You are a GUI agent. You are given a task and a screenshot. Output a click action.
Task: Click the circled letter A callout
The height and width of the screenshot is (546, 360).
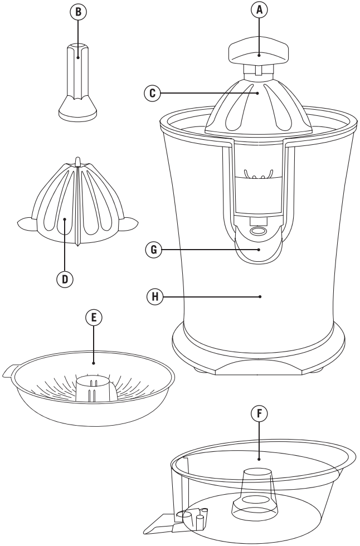(x=259, y=10)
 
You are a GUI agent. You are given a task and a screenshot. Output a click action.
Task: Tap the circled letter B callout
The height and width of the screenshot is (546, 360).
(x=79, y=12)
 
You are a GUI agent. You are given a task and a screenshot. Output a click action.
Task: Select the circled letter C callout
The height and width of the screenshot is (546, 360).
(x=153, y=93)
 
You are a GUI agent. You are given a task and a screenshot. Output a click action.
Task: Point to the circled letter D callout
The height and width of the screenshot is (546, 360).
(x=65, y=279)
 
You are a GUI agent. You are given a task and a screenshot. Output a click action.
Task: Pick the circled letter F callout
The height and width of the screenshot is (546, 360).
(x=259, y=413)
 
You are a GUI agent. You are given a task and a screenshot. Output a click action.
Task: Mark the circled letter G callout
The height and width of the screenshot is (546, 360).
(x=154, y=250)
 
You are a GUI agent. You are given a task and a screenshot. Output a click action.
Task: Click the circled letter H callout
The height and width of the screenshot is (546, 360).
(x=155, y=296)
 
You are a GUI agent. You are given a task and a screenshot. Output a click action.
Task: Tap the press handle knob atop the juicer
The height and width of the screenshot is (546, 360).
(x=259, y=52)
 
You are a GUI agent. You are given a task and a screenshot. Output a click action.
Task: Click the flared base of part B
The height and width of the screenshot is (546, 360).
(x=77, y=109)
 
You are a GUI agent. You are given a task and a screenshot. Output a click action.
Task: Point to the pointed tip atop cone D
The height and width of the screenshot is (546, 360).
(x=78, y=160)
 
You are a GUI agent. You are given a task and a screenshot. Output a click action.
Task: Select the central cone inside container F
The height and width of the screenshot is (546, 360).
(x=255, y=493)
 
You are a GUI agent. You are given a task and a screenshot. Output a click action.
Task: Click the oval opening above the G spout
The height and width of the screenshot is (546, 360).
(x=258, y=231)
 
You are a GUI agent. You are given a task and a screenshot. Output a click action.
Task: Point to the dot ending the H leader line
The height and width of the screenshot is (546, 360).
(x=260, y=296)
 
